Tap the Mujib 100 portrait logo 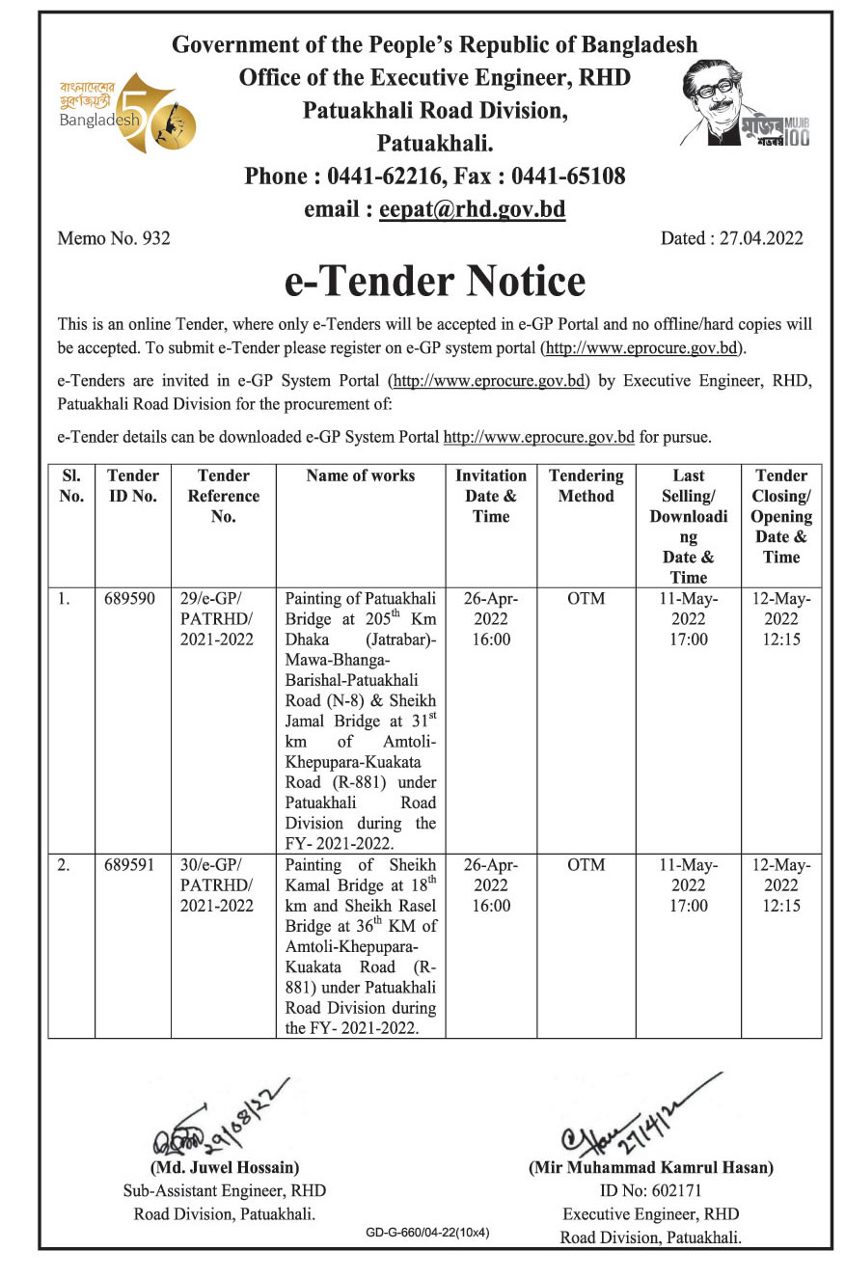[x=745, y=106]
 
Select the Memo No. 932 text [x=114, y=238]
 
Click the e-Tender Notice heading [x=435, y=281]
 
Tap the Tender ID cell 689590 [x=130, y=599]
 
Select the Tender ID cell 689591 [x=130, y=865]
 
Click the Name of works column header [x=361, y=476]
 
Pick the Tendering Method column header [x=586, y=486]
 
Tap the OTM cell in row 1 [x=586, y=599]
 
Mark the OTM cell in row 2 [x=586, y=865]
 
